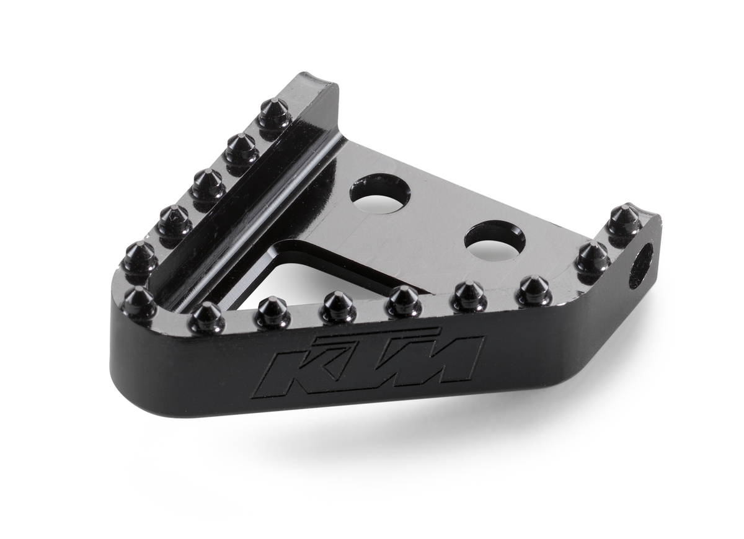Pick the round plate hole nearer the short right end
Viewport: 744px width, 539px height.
(x=494, y=240)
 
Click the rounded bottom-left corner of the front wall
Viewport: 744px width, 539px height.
(x=124, y=397)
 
